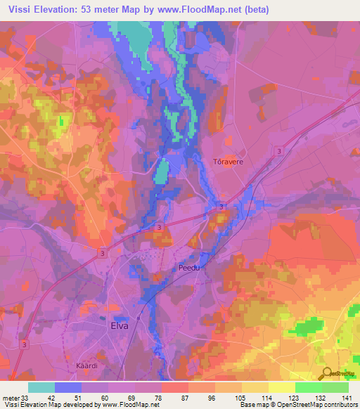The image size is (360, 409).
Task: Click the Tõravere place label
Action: click(x=227, y=162)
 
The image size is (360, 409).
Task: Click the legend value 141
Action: click(x=348, y=397)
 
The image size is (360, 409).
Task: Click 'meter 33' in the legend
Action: click(x=16, y=397)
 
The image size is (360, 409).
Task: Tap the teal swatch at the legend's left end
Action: click(x=41, y=387)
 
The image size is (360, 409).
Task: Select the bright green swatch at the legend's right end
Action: click(x=335, y=387)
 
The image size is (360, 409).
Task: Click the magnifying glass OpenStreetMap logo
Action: click(x=327, y=373)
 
